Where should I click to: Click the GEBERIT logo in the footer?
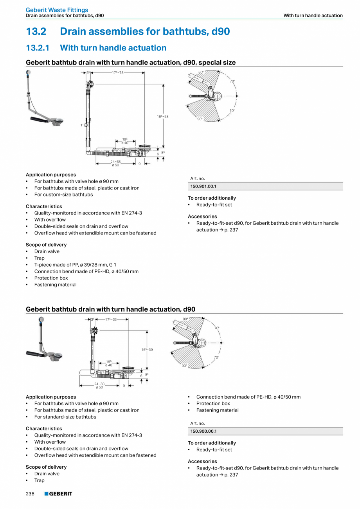[58, 494]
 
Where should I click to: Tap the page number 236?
[30, 494]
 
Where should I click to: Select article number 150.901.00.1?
[203, 186]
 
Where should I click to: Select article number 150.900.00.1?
[203, 431]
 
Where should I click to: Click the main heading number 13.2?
[37, 31]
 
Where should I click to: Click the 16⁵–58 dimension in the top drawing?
[163, 117]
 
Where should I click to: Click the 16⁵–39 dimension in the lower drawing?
[147, 349]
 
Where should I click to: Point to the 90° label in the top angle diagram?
[200, 119]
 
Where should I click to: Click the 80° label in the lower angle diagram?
[185, 319]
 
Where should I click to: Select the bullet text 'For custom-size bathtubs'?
[63, 195]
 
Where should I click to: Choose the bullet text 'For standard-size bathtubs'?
[65, 417]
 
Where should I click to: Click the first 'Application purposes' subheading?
[51, 175]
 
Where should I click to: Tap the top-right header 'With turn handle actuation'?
[313, 16]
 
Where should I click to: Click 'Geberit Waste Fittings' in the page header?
[57, 10]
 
